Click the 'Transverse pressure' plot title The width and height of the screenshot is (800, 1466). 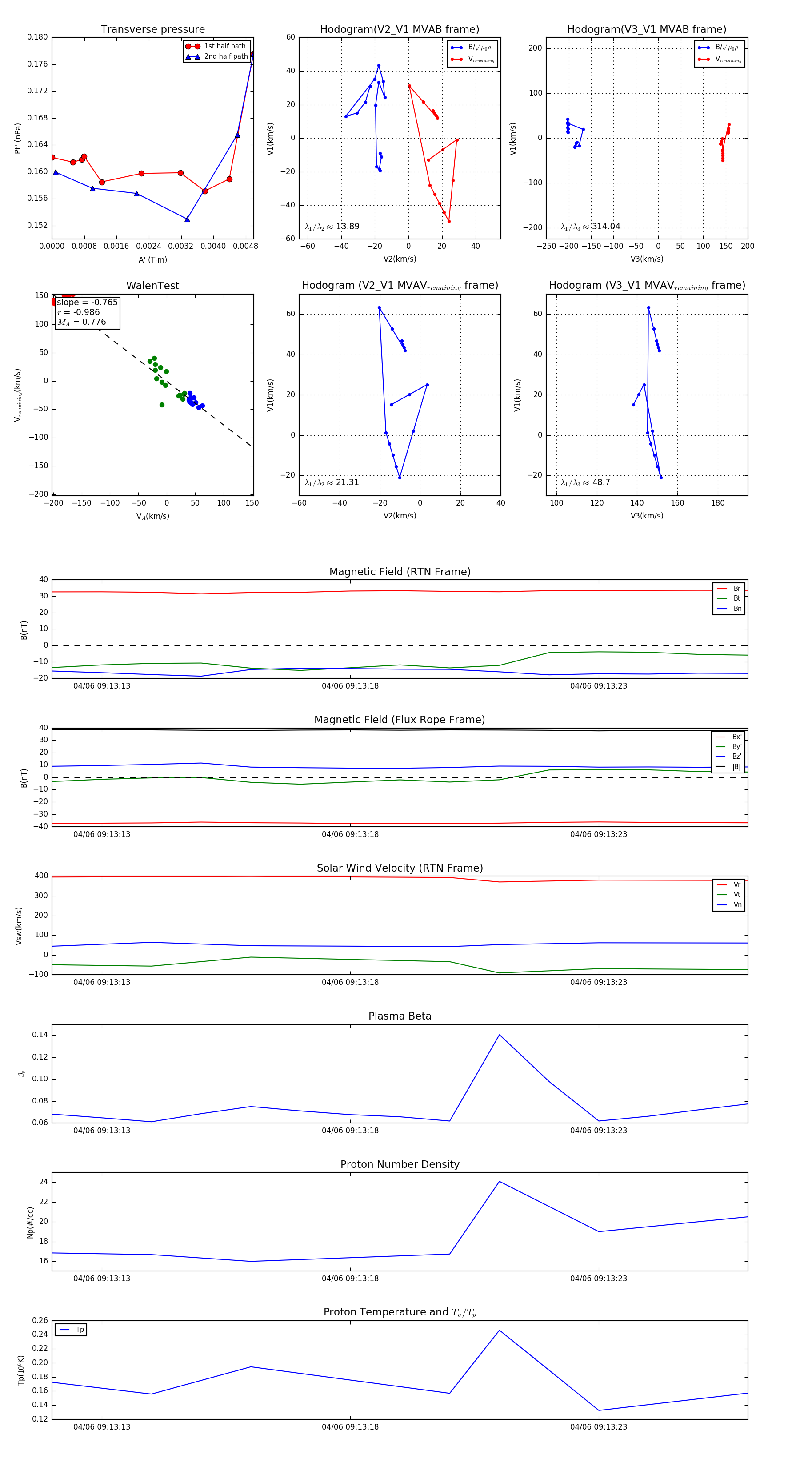click(x=152, y=30)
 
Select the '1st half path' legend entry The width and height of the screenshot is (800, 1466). click(x=225, y=46)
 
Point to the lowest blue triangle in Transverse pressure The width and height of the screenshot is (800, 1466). click(x=187, y=219)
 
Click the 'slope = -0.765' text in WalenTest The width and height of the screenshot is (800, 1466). click(x=87, y=302)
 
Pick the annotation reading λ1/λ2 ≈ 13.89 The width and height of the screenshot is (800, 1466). click(x=332, y=227)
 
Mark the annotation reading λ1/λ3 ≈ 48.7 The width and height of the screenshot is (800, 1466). click(x=585, y=482)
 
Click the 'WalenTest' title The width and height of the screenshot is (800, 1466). click(x=152, y=286)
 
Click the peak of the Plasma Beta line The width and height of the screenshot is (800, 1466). click(x=500, y=1035)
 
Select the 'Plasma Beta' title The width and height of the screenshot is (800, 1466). click(x=400, y=1016)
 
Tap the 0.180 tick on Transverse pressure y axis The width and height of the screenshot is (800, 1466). click(x=38, y=38)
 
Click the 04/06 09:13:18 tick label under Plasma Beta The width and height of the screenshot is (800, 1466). click(x=350, y=1131)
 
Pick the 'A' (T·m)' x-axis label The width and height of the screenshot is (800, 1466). click(x=152, y=259)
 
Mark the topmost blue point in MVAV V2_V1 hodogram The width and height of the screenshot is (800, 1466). click(x=379, y=308)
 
